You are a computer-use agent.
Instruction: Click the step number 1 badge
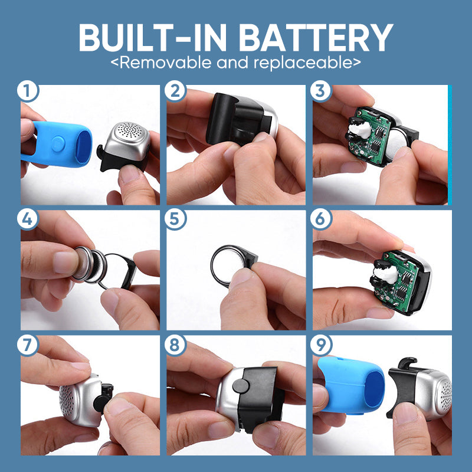[x=28, y=93]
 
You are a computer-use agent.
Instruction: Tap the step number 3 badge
[x=320, y=93]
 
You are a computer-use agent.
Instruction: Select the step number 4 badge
[x=28, y=218]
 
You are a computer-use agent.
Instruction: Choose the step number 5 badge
[x=174, y=218]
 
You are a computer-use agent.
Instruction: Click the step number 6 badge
[x=320, y=218]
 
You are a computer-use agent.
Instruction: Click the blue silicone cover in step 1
[x=59, y=142]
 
